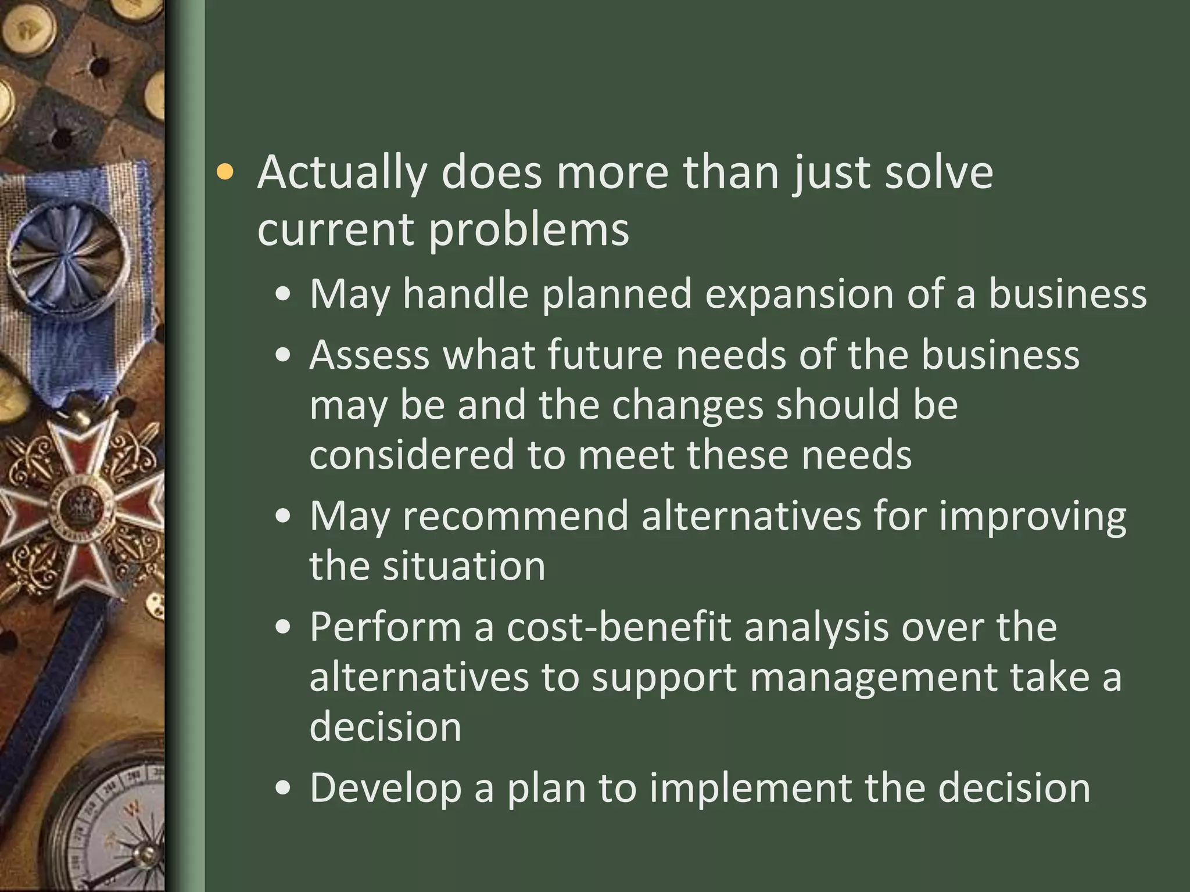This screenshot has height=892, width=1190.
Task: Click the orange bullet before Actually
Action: [224, 172]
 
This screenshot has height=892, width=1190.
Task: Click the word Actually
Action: [342, 173]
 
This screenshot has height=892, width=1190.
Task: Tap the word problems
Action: [529, 229]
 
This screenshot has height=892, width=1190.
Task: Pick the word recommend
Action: [516, 516]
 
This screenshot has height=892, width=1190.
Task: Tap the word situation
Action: [464, 566]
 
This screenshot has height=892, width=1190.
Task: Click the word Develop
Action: [385, 789]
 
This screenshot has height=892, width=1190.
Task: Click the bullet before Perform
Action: [283, 628]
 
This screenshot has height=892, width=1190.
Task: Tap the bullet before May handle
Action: [283, 294]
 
